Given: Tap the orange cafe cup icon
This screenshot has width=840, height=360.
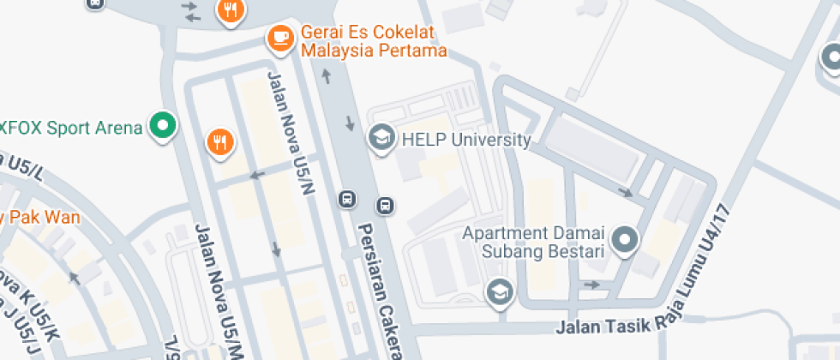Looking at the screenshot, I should pos(280,38).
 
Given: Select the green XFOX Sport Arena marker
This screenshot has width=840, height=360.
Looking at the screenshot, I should pos(162,127).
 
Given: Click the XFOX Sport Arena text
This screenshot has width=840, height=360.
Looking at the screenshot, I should pos(71,129).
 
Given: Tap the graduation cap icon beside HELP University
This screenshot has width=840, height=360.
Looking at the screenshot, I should pos(380,137).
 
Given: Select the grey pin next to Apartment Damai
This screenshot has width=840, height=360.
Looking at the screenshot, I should pos(627,240).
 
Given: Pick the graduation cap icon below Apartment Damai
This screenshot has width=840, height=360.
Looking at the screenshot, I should pos(497,292).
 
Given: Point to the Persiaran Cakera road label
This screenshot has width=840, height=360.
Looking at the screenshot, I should pos(380,291).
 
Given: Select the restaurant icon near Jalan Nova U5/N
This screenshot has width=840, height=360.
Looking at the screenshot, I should pos(220,142).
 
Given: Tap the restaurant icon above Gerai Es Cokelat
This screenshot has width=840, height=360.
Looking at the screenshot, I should pos(229,11).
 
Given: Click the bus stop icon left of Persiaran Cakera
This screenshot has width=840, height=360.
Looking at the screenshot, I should pos(347,199).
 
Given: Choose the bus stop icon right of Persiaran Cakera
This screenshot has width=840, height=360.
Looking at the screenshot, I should pos(386,206).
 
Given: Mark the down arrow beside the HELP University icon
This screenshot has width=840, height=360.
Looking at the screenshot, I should pos(350,123).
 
